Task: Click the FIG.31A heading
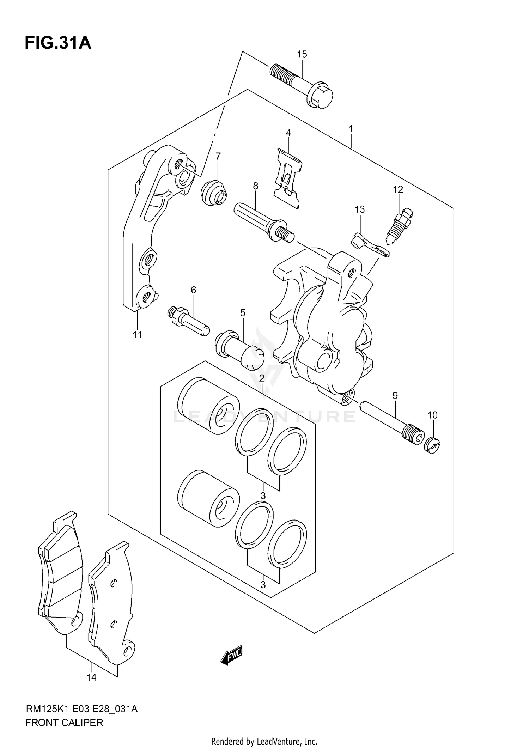coord(58,43)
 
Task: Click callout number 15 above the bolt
coord(302,54)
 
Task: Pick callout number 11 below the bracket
coord(137,335)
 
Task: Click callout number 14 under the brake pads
coord(91,677)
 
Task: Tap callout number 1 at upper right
coord(351,129)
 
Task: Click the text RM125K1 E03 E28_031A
coord(81,709)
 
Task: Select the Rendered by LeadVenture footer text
coord(264,741)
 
